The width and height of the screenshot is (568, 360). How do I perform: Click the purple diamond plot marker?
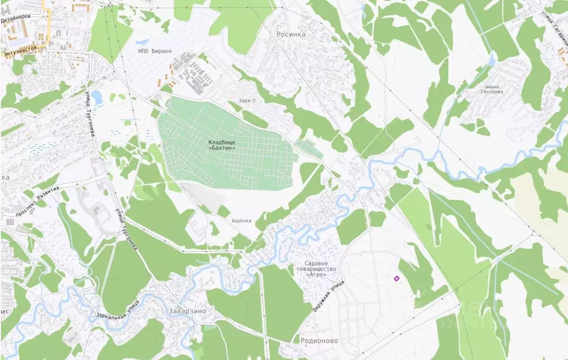397,278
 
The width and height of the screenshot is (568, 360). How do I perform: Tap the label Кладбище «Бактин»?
222,145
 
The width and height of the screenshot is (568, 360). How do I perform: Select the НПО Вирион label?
155,51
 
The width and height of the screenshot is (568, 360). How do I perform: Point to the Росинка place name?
291,34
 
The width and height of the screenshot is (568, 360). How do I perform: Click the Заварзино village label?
185,311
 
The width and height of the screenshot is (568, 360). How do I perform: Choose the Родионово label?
318,341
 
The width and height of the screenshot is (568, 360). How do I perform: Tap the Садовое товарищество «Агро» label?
321,269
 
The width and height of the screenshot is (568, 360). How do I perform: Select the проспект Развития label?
38,209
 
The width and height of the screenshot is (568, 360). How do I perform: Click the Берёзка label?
241,221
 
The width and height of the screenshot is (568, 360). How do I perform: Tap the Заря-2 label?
246,100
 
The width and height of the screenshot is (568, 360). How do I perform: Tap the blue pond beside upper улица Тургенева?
97,97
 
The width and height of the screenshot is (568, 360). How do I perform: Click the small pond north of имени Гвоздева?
491,59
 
